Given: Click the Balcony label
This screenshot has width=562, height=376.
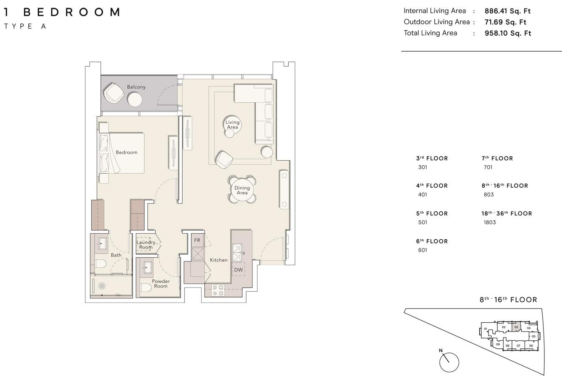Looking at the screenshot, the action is point(136,87).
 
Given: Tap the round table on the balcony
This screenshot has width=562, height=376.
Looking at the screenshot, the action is point(135,99).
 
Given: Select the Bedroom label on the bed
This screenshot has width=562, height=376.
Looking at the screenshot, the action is point(126,152).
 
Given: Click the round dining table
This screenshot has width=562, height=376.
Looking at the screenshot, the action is point(242,190).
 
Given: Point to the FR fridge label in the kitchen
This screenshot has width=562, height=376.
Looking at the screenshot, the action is point(197,240).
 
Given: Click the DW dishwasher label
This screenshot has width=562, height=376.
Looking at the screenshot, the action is point(238,270).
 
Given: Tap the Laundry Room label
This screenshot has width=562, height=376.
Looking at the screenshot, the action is point(146,245).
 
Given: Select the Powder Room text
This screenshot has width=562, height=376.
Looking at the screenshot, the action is point(161,284).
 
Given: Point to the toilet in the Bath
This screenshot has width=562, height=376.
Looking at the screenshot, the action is point(101,264).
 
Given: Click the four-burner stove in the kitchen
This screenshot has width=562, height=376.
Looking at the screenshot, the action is point(218,290).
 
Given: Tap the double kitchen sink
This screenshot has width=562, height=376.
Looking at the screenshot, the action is point(237,253).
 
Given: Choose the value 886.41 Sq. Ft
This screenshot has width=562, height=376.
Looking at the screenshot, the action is point(507,11).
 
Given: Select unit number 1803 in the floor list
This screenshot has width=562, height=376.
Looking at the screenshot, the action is point(490,222).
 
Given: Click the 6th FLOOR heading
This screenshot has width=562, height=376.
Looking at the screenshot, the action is point(432,241).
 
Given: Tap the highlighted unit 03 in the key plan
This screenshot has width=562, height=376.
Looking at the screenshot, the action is point(516,327).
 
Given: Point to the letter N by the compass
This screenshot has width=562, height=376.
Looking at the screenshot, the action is point(441,350).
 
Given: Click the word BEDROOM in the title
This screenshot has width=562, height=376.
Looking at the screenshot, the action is point(71,12).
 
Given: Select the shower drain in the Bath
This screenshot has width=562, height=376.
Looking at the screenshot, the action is point(102,286).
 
